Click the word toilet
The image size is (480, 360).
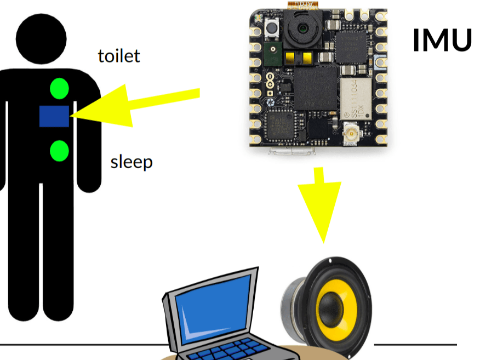[119, 56]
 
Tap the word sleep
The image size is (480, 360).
[132, 162]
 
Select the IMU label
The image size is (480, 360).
[442, 41]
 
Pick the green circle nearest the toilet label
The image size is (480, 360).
[59, 89]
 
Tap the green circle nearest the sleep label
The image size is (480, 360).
[59, 151]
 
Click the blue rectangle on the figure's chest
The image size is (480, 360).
[54, 116]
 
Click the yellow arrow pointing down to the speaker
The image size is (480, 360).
[319, 203]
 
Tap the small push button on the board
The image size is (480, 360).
[271, 28]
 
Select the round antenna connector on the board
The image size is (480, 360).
[349, 133]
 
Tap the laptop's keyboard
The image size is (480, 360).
[236, 351]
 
